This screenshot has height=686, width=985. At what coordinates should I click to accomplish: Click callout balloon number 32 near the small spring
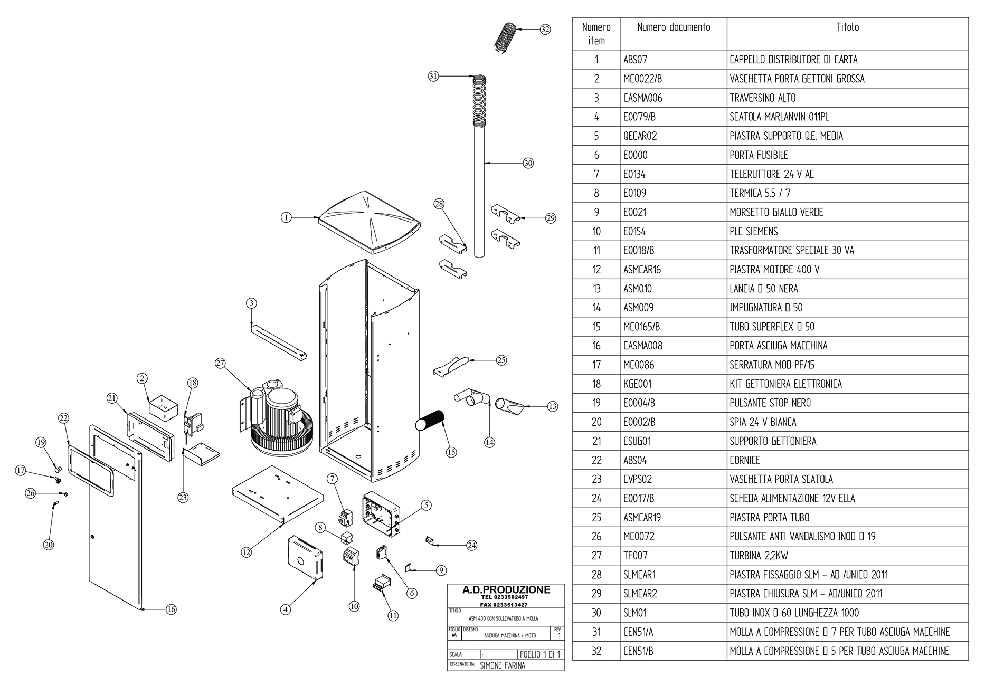coord(545,30)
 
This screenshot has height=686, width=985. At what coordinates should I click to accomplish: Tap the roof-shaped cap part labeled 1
coord(370,221)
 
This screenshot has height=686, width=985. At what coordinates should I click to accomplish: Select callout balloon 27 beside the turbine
coord(221,363)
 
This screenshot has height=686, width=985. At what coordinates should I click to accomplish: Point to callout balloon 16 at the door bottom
coord(171,609)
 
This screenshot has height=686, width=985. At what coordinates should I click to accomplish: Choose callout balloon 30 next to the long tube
coord(528,163)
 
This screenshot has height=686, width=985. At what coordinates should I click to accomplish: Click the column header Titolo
coord(847,27)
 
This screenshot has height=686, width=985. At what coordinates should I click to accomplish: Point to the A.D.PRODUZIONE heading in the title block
coord(506,589)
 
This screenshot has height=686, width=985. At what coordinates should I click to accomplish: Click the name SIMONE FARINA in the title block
coord(502,665)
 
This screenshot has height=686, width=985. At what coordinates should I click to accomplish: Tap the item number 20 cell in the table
coord(596,422)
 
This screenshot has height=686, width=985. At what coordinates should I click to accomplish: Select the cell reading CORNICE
coord(745,460)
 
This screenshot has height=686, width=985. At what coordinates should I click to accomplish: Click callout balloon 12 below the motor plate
coord(246,552)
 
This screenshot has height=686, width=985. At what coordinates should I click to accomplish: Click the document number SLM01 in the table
coord(634,613)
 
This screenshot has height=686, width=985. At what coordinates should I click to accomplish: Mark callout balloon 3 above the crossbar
coord(252,303)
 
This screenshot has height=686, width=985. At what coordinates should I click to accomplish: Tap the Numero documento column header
coord(674,27)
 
